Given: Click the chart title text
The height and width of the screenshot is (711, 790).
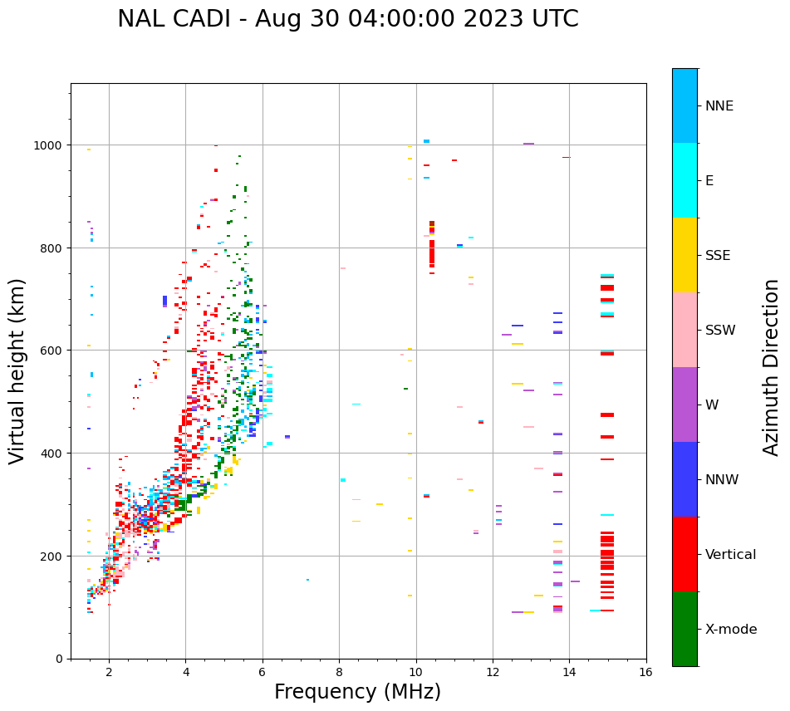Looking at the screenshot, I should point(347,19).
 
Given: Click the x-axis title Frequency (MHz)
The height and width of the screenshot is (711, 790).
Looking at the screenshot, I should point(357,692).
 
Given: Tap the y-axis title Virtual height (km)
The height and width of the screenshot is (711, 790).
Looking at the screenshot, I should point(17,371).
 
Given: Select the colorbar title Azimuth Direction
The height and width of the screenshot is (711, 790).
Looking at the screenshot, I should point(771,367).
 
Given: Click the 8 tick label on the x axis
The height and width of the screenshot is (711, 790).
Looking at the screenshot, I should point(339,672).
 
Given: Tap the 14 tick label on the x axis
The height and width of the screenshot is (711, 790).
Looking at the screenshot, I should point(569,672).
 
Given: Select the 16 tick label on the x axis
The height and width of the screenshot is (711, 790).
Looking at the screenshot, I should point(645,672).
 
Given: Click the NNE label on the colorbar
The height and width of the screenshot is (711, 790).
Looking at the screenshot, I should point(719,106).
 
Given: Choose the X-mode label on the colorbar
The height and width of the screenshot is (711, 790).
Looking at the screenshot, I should point(731,630).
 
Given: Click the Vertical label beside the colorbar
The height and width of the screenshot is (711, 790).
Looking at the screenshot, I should point(730,555).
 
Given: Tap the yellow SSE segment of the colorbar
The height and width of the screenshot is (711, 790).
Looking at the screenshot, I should point(685,255).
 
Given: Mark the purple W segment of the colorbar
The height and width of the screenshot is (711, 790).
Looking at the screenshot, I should point(685,405).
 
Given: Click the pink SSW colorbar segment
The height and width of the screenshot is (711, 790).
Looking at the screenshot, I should point(685,330).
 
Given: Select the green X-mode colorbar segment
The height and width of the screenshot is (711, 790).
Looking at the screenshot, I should point(685,629).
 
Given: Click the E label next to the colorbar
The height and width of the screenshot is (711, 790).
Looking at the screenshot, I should point(709,181).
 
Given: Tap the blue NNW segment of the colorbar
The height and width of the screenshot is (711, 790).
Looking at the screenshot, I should point(685,479).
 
